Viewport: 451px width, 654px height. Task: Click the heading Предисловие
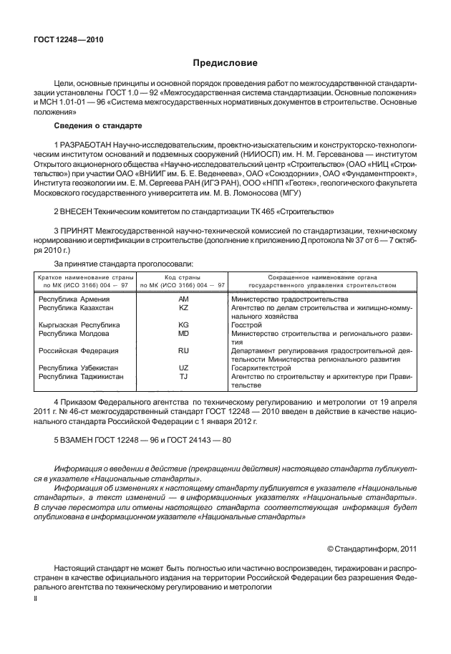click(225, 62)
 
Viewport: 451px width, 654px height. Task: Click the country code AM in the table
click(183, 298)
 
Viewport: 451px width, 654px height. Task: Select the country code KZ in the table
click(183, 307)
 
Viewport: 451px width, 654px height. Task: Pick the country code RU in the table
click(183, 350)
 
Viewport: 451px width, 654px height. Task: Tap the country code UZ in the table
click(183, 367)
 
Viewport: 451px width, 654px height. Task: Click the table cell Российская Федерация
click(78, 350)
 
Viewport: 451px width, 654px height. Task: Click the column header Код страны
click(183, 276)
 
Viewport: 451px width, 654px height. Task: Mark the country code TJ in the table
click(183, 376)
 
